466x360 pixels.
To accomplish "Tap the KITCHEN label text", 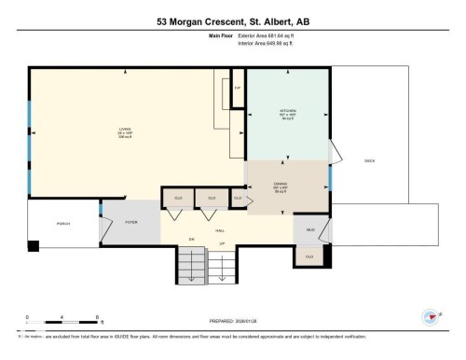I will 287,111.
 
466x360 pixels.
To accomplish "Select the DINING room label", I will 287,184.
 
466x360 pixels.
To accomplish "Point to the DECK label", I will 369,159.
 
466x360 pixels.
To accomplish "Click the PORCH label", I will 63,224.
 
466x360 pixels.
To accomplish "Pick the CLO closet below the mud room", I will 309,255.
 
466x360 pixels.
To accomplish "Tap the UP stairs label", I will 222,243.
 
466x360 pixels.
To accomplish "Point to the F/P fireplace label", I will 238,88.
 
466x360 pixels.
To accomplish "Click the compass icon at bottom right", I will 431,315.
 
